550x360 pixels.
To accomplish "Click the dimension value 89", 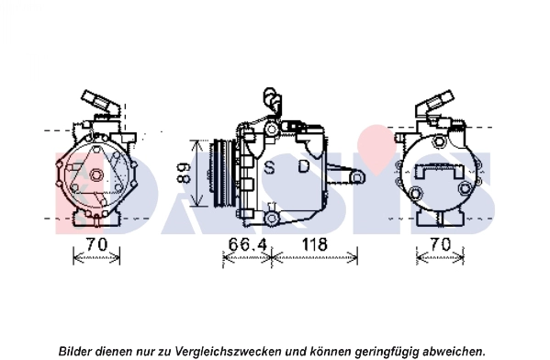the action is (x=184, y=173).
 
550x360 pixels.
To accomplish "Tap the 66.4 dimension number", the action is (x=248, y=244).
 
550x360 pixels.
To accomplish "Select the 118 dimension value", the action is (x=315, y=244).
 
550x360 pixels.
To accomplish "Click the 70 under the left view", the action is (x=96, y=244).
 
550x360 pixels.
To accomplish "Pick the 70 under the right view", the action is (x=440, y=244).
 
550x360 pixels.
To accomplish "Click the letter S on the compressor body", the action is (x=269, y=167).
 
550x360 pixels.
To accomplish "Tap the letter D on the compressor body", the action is (x=304, y=166).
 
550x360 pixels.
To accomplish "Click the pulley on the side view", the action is (x=224, y=174).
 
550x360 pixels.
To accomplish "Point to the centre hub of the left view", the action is (x=95, y=175).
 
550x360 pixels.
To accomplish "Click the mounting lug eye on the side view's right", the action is (x=356, y=177).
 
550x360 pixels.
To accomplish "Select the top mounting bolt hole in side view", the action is (x=271, y=129).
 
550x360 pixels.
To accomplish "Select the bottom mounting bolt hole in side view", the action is (x=271, y=219).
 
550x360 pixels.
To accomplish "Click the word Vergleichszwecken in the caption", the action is (x=228, y=351).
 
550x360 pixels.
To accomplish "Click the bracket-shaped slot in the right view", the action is (x=438, y=171).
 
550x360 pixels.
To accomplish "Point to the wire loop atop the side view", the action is (x=272, y=98).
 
